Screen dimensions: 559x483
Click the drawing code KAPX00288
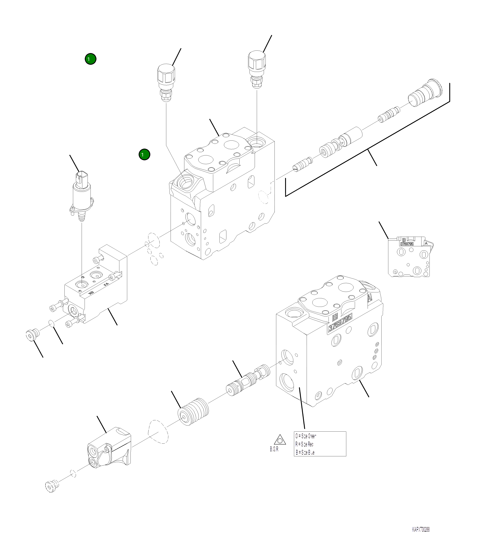pyautogui.click(x=421, y=530)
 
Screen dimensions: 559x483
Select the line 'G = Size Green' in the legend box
pyautogui.click(x=306, y=436)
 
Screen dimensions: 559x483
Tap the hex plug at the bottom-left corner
pyautogui.click(x=52, y=486)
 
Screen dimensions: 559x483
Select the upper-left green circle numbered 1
pyautogui.click(x=91, y=59)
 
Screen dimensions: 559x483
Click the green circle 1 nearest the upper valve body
pyautogui.click(x=144, y=154)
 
